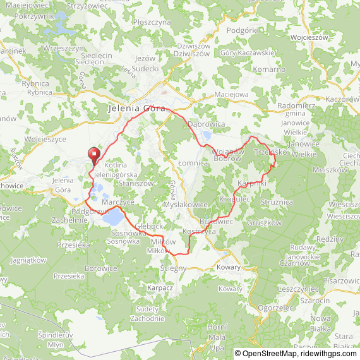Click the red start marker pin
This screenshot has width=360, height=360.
coord(93,154)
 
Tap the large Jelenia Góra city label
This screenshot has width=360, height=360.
coord(136,108)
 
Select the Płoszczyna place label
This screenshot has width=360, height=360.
coord(152,21)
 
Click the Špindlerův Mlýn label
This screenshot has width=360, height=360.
coord(56,340)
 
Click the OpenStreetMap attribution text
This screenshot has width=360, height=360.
coord(266,353)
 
